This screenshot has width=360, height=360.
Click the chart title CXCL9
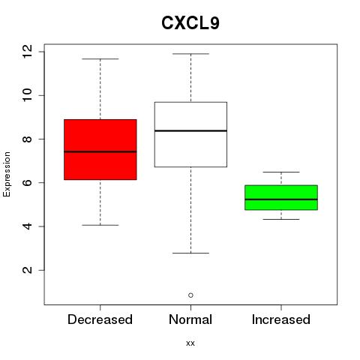point(190,23)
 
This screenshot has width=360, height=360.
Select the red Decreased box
point(100,149)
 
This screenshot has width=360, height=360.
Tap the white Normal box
point(190,134)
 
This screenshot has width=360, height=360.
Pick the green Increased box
point(281,197)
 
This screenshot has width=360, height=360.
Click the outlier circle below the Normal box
point(190,295)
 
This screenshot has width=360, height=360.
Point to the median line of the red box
point(100,151)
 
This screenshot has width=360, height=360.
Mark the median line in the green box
point(281,199)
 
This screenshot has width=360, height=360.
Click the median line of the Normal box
point(190,130)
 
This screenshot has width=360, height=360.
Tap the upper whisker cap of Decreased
point(100,59)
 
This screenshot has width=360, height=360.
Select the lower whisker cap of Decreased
point(100,225)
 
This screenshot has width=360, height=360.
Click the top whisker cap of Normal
point(190,54)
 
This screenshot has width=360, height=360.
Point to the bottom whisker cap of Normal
point(190,253)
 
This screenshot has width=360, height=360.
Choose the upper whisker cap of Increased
point(281,172)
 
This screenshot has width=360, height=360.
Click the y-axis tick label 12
point(27,52)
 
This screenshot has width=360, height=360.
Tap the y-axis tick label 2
point(27,270)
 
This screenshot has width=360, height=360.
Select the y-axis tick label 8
point(27,139)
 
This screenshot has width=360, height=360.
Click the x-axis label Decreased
point(100,319)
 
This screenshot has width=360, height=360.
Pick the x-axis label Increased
point(281,319)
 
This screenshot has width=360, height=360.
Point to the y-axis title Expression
point(7,174)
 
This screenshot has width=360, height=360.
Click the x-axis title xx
point(190,343)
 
